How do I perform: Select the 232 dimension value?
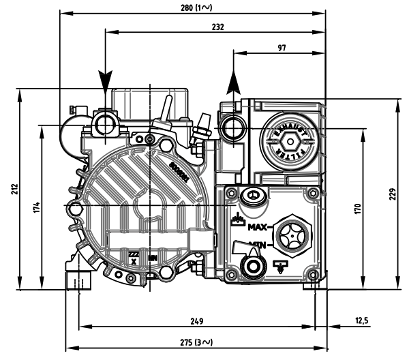(217, 27)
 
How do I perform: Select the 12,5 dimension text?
(362, 320)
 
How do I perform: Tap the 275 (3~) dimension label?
(196, 342)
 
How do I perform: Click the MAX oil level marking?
(259, 228)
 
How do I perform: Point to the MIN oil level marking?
(257, 243)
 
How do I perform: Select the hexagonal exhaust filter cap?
(290, 142)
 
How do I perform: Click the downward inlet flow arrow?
(105, 80)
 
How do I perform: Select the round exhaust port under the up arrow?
(232, 127)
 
